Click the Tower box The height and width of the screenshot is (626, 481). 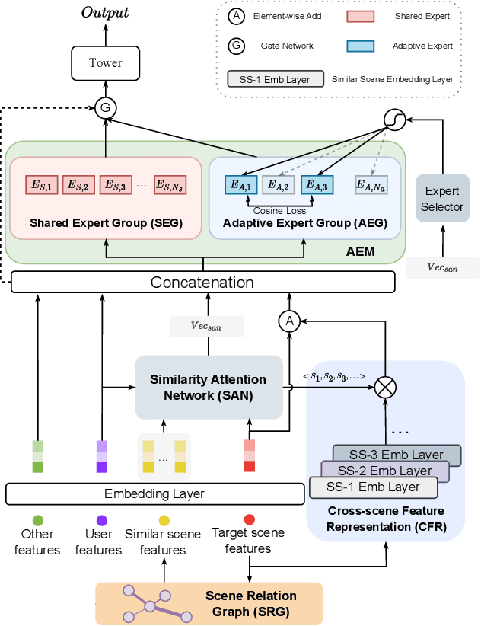pos(105,62)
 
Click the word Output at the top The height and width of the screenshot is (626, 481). pos(105,13)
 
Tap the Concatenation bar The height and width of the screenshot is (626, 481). pos(203,283)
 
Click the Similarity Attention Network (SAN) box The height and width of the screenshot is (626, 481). pos(208,386)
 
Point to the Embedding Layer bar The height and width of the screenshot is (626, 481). pos(154,493)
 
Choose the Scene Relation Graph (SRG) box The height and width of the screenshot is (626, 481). pos(209,603)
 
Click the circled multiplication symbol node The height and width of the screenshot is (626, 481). pos(386,386)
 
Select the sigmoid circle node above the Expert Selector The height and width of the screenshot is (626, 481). pos(397,118)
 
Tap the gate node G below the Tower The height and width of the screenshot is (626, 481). pos(105,108)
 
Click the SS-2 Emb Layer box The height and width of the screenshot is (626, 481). pos(384,471)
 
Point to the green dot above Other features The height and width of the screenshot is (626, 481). pos(37,519)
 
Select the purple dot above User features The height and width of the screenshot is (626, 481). pos(101,519)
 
